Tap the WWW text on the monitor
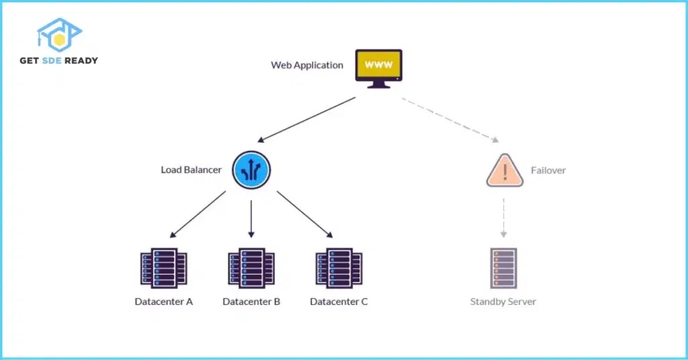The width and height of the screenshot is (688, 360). click(x=378, y=65)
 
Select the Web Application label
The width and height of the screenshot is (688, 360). click(x=307, y=66)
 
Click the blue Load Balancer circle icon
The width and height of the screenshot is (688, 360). click(x=251, y=169)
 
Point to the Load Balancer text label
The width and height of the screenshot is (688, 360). click(x=191, y=170)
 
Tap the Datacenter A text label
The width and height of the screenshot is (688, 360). click(x=163, y=302)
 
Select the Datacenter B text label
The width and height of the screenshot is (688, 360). click(x=251, y=302)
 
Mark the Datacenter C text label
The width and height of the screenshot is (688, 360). click(x=339, y=302)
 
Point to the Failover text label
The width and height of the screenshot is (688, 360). click(x=548, y=171)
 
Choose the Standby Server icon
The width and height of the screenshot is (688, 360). click(x=503, y=268)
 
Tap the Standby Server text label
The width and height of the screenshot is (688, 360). click(x=503, y=302)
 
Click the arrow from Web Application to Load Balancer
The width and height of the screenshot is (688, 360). click(x=306, y=120)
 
